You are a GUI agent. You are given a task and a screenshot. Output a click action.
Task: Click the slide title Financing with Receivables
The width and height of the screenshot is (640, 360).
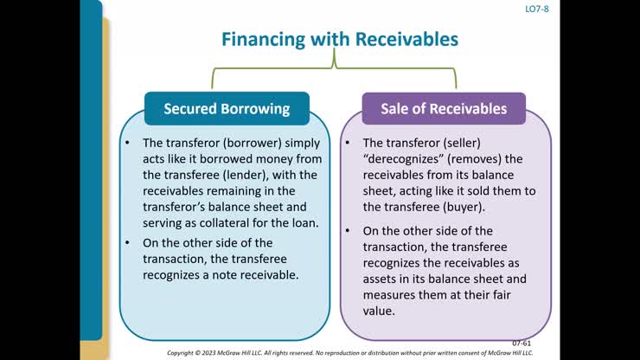pyautogui.click(x=339, y=39)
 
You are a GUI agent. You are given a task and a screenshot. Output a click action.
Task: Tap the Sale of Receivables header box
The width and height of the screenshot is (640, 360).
pyautogui.click(x=444, y=108)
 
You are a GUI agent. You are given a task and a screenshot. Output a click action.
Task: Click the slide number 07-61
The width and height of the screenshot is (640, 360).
pyautogui.click(x=522, y=343)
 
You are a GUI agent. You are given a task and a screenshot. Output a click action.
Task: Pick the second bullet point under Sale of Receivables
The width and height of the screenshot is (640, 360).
pyautogui.click(x=348, y=231)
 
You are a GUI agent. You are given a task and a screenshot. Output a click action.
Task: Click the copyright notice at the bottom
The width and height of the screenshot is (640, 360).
pyautogui.click(x=349, y=353)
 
